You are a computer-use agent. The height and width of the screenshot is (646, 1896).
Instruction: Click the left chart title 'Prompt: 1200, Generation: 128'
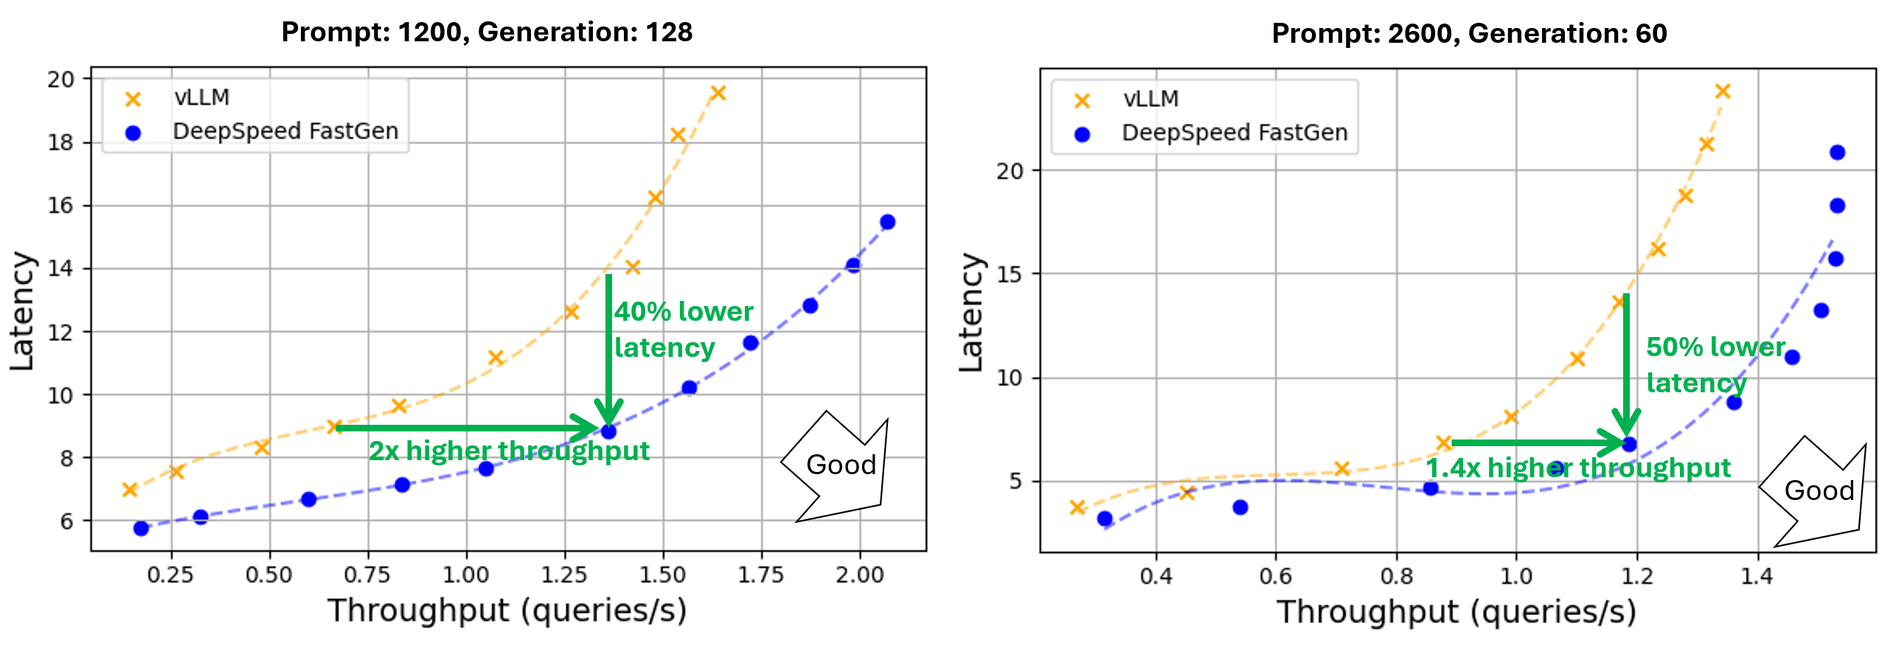pyautogui.click(x=487, y=32)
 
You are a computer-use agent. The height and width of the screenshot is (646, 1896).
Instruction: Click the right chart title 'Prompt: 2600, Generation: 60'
pyautogui.click(x=1469, y=34)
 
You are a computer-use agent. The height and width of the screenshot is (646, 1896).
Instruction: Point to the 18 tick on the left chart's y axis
pyautogui.click(x=60, y=142)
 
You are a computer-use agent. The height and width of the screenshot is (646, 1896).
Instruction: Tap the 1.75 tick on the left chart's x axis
pyautogui.click(x=761, y=574)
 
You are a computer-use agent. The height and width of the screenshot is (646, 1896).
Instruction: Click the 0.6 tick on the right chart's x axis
pyautogui.click(x=1276, y=576)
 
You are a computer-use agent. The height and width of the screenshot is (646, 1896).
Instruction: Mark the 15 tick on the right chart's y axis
pyautogui.click(x=1010, y=274)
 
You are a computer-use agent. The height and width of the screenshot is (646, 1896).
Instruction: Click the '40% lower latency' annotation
pyautogui.click(x=682, y=330)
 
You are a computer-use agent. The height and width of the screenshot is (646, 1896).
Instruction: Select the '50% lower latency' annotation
pyautogui.click(x=1715, y=364)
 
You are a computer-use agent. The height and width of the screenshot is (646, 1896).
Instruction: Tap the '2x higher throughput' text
pyautogui.click(x=509, y=451)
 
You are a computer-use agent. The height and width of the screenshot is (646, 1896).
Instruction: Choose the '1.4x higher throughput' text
pyautogui.click(x=1577, y=468)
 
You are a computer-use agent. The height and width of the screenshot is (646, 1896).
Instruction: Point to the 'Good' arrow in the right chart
pyautogui.click(x=1818, y=490)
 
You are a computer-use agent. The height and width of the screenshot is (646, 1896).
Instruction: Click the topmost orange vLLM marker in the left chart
pyautogui.click(x=718, y=93)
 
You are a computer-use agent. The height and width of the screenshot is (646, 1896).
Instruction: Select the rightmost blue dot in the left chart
pyautogui.click(x=887, y=222)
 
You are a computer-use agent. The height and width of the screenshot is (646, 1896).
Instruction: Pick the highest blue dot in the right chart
pyautogui.click(x=1837, y=153)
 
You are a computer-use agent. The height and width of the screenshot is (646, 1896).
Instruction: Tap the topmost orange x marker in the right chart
pyautogui.click(x=1723, y=91)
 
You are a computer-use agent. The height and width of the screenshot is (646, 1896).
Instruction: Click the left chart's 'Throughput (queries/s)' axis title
pyautogui.click(x=507, y=611)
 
